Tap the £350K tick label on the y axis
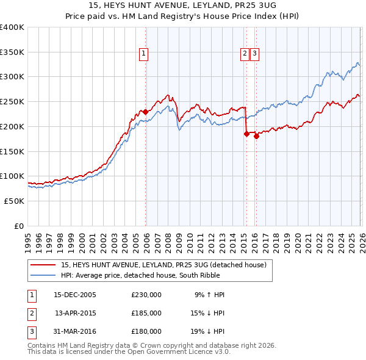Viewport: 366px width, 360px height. [x=12, y=52]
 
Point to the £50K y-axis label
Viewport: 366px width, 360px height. [x=14, y=201]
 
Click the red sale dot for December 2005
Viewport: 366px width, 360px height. [x=146, y=112]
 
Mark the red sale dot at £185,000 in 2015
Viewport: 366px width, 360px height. [x=246, y=134]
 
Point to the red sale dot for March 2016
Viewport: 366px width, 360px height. [x=256, y=136]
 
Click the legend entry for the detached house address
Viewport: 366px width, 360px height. [x=163, y=265]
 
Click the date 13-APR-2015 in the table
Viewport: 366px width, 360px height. [x=75, y=313]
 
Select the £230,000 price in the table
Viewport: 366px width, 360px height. [x=146, y=295]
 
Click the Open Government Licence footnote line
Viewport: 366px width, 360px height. [x=129, y=353]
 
